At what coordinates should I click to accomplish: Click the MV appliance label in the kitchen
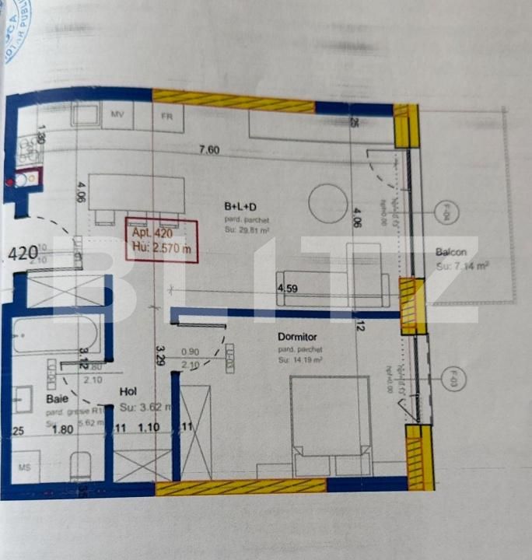[x=118, y=115]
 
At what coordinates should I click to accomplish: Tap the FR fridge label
[x=166, y=116]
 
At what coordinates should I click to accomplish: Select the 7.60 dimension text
[x=208, y=150]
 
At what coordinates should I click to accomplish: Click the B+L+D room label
[x=240, y=207]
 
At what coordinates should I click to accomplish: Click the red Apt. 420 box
[x=161, y=240]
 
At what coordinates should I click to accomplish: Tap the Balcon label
[x=451, y=252]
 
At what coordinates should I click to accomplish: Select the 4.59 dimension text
[x=288, y=289]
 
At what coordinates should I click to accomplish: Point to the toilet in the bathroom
[x=82, y=467]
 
